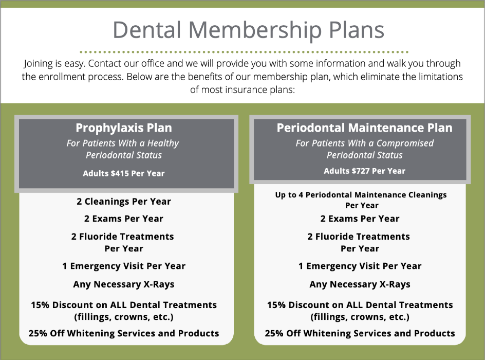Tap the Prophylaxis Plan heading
124,128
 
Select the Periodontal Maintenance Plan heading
364,128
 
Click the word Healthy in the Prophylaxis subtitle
160,143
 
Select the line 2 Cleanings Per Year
124,201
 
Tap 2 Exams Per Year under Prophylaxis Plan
124,219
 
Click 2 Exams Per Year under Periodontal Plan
360,219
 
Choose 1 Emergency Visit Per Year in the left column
124,266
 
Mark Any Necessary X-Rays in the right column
360,284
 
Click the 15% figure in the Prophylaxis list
40,304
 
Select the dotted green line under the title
244,52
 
